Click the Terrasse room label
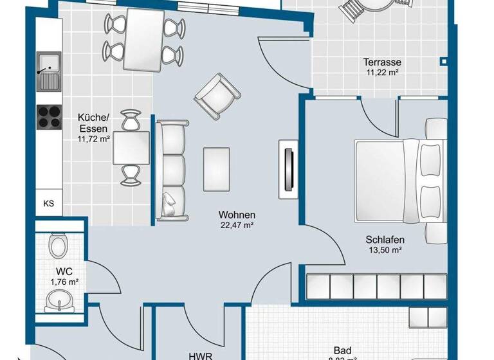pyautogui.click(x=382, y=62)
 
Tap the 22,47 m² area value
pyautogui.click(x=237, y=225)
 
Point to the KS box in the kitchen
pyautogui.click(x=48, y=204)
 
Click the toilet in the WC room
pyautogui.click(x=59, y=245)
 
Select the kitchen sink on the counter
pyautogui.click(x=48, y=71)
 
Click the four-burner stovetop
pyautogui.click(x=49, y=116)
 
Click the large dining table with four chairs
pyautogui.click(x=143, y=40)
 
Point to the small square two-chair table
pyautogui.click(x=131, y=148)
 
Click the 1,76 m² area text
pyautogui.click(x=64, y=282)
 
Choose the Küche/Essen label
pyautogui.click(x=94, y=122)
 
